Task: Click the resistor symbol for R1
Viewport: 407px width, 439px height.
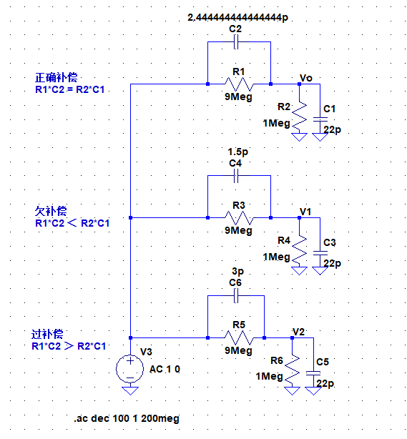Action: pyautogui.click(x=239, y=84)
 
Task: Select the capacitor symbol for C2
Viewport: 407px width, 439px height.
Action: pyautogui.click(x=236, y=42)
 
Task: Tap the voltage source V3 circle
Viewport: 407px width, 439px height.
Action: pyautogui.click(x=130, y=369)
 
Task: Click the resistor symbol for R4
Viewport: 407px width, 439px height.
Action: pyautogui.click(x=299, y=250)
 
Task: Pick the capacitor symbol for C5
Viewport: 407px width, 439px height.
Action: pyautogui.click(x=313, y=373)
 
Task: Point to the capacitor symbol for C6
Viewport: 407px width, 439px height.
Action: pyautogui.click(x=236, y=296)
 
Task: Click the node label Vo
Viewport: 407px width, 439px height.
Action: pyautogui.click(x=306, y=78)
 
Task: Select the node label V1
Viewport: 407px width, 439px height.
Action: pyautogui.click(x=305, y=212)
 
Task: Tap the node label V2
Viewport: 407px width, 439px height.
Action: pyautogui.click(x=298, y=332)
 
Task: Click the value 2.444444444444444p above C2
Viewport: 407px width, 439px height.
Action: pyautogui.click(x=237, y=18)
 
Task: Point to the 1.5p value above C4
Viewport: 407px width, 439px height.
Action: pyautogui.click(x=237, y=152)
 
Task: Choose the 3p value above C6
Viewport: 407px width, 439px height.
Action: pyautogui.click(x=237, y=271)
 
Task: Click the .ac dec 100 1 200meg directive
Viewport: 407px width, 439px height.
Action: pyautogui.click(x=127, y=418)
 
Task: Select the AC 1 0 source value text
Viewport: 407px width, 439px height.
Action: pyautogui.click(x=165, y=369)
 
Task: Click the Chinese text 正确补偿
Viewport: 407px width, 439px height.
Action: pyautogui.click(x=56, y=77)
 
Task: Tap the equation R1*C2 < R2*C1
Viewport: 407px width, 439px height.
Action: pyautogui.click(x=72, y=223)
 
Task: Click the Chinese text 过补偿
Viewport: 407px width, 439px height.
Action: pyautogui.click(x=47, y=335)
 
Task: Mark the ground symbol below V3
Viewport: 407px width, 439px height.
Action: pyautogui.click(x=130, y=391)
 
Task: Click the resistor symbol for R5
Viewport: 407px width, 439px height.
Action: pyautogui.click(x=239, y=338)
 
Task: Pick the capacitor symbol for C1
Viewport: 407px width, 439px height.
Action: pyautogui.click(x=320, y=119)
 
